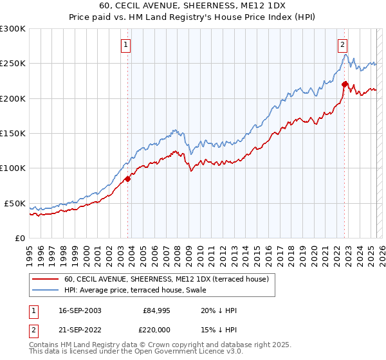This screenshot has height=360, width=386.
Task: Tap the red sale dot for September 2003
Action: tap(128, 179)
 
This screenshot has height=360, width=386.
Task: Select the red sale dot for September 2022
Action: tap(345, 84)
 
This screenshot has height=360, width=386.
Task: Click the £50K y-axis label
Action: tap(15, 203)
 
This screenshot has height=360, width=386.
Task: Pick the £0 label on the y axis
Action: tap(19, 238)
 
